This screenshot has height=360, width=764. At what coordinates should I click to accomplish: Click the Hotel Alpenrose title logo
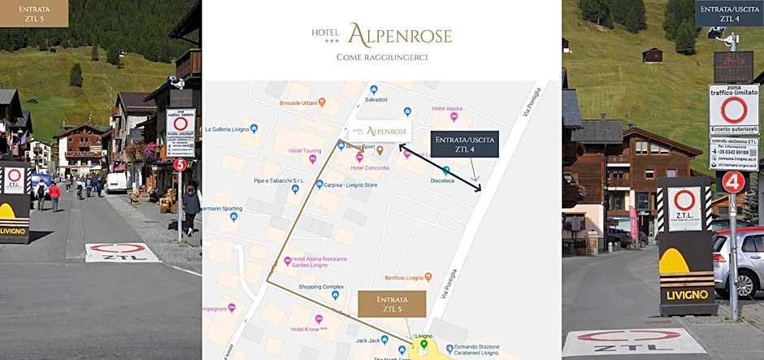point(381,35)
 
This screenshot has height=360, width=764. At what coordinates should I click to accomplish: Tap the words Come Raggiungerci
point(381,57)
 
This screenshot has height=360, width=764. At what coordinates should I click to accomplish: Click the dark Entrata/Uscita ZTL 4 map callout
point(464,145)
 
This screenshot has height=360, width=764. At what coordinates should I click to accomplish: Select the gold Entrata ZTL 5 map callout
point(392,304)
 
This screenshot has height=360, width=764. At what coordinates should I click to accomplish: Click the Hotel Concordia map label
point(371,167)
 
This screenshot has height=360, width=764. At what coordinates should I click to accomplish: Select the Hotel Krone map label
point(309,329)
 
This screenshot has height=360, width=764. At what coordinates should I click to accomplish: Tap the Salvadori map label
point(375,99)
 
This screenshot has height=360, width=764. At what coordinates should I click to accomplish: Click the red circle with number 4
point(733,181)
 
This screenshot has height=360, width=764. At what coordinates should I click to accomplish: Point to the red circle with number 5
point(180,165)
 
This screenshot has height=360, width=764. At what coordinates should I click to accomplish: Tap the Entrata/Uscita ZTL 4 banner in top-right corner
point(729,13)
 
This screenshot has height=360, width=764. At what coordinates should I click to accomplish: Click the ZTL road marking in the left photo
point(122,253)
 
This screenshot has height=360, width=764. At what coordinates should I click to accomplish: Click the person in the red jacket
point(54,195)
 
